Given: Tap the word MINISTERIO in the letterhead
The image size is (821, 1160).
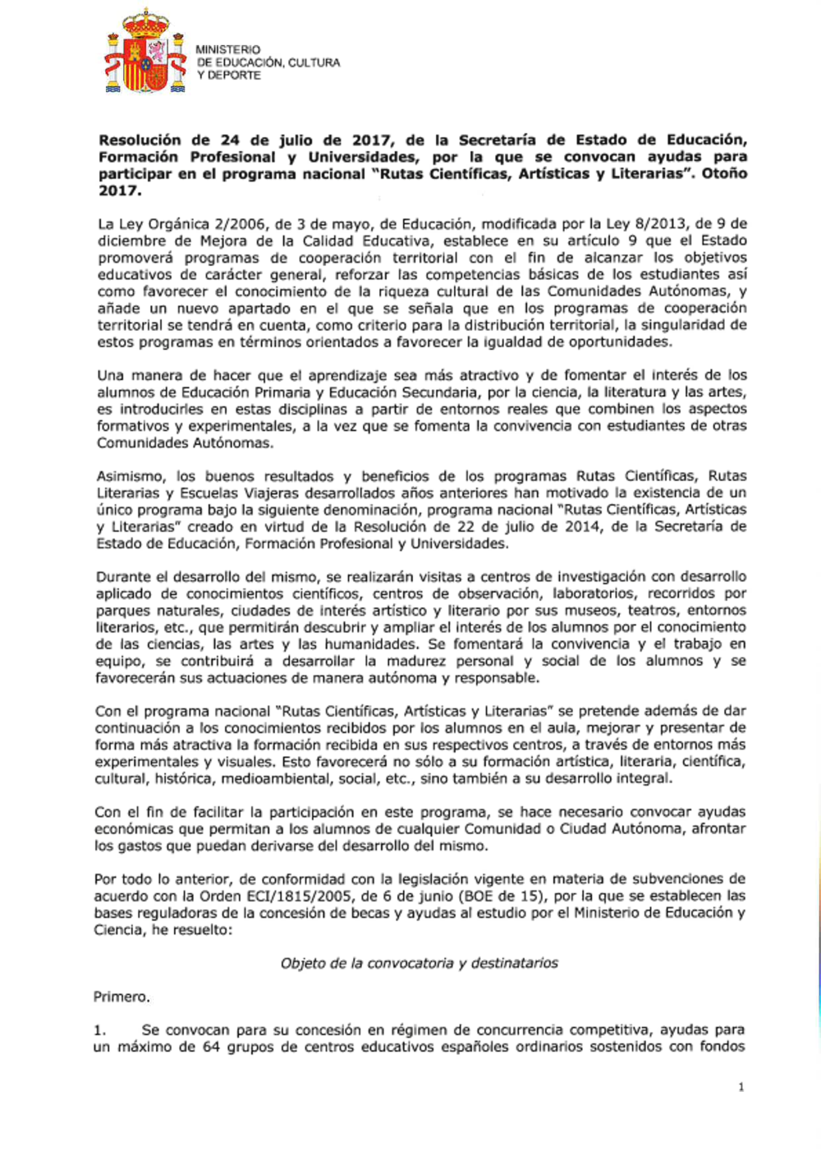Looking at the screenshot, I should pos(228,49).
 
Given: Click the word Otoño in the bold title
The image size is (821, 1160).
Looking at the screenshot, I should pos(724,173).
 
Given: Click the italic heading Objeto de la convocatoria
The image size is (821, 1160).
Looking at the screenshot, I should pos(419,963).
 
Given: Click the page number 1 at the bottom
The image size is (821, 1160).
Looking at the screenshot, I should pos(741,1087).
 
